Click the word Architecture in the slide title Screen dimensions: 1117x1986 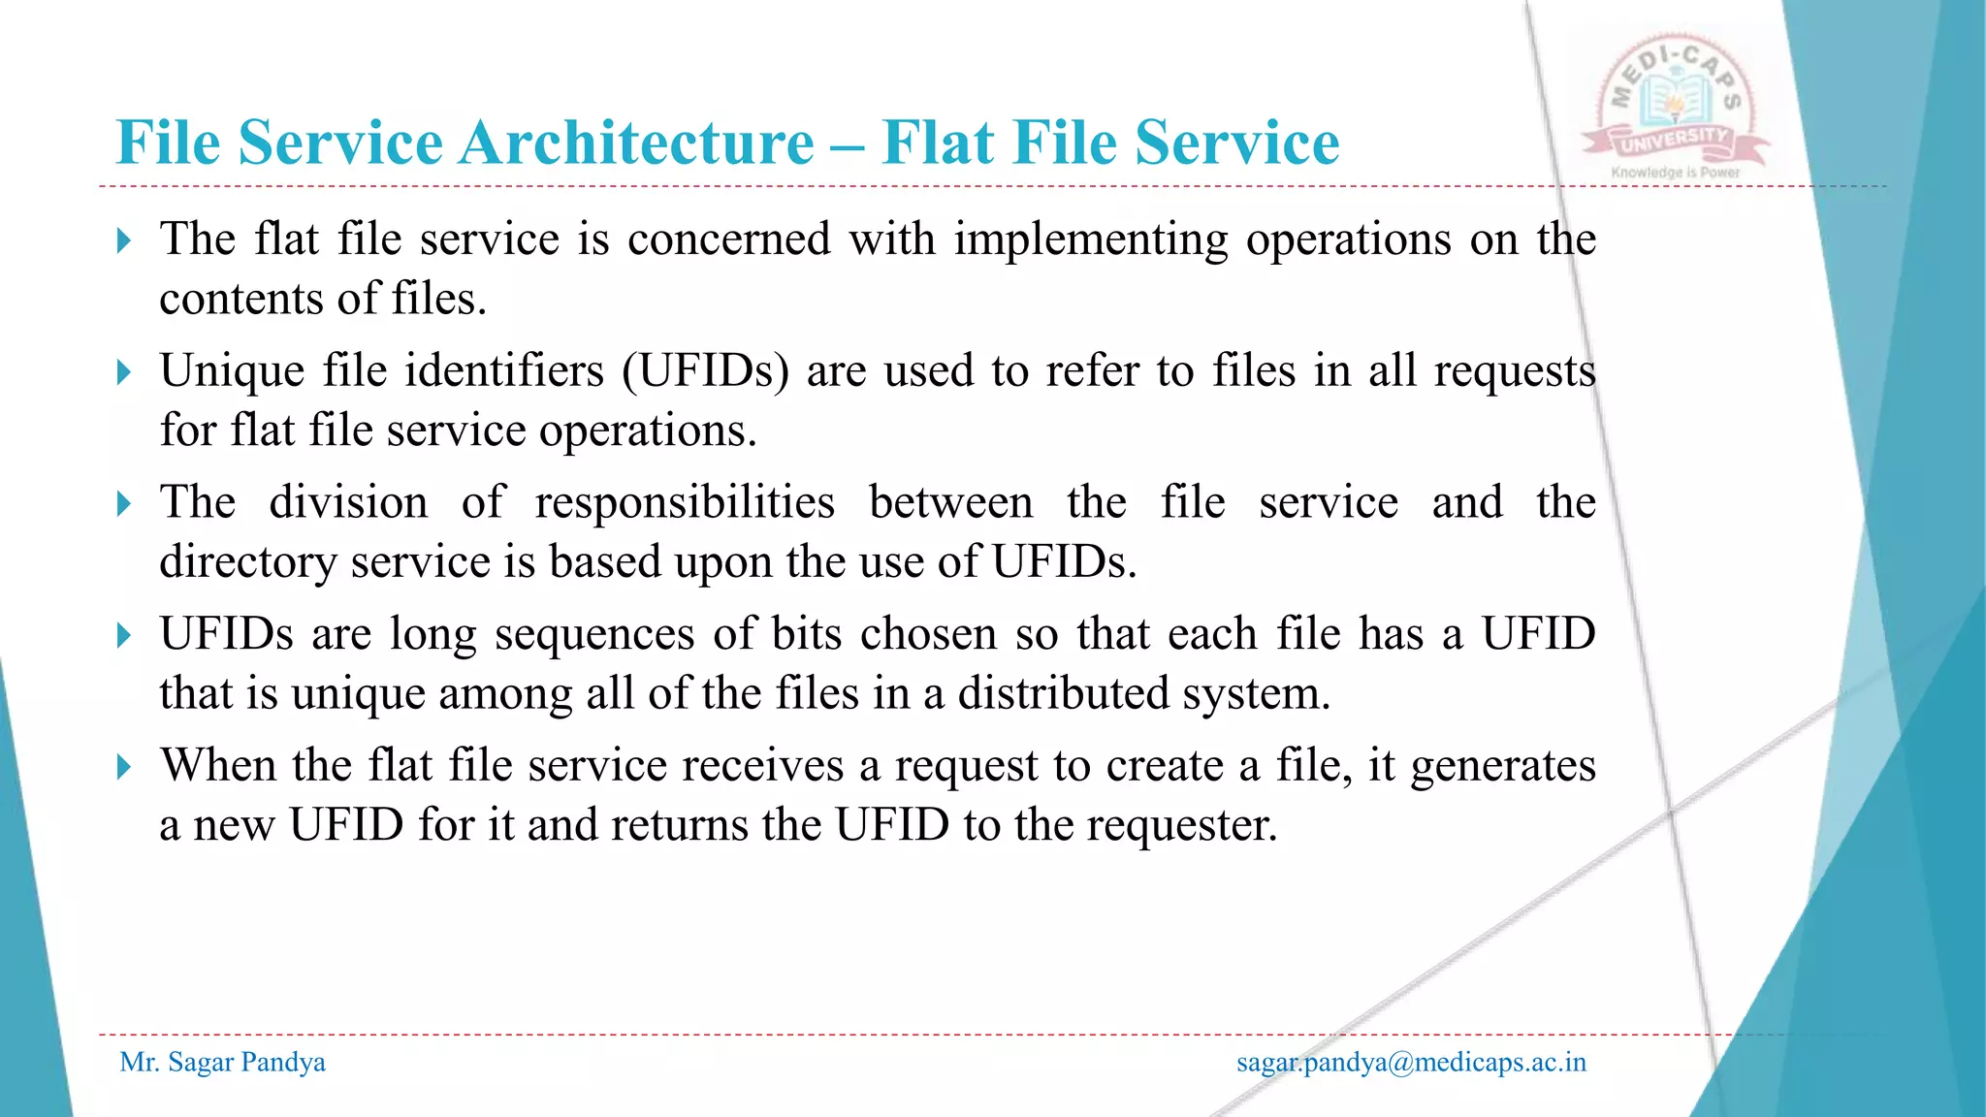pyautogui.click(x=636, y=144)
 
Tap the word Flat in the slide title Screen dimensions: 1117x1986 pyautogui.click(x=938, y=144)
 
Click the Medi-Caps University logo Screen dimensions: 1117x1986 pyautogui.click(x=1676, y=109)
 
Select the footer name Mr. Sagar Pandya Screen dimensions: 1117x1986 pyautogui.click(x=222, y=1063)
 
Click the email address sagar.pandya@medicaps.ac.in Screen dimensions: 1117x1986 pyautogui.click(x=1411, y=1063)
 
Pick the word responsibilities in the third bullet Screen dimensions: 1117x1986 pyautogui.click(x=685, y=503)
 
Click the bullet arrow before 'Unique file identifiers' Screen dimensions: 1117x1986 pyautogui.click(x=123, y=372)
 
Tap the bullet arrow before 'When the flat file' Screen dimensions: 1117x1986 pyautogui.click(x=123, y=768)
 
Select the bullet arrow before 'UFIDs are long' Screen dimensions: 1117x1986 pyautogui.click(x=123, y=636)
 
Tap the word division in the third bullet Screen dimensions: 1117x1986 pyautogui.click(x=348, y=503)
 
